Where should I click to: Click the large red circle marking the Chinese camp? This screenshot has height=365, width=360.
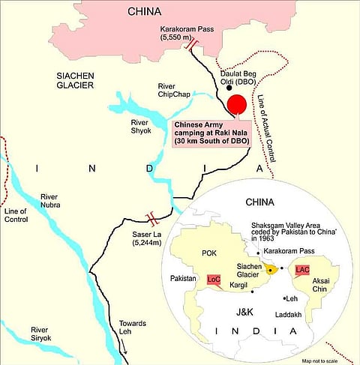237,106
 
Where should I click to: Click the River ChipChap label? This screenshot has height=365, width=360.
177,91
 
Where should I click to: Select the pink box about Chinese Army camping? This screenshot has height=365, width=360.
211,133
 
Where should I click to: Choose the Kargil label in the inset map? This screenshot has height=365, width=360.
238,286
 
